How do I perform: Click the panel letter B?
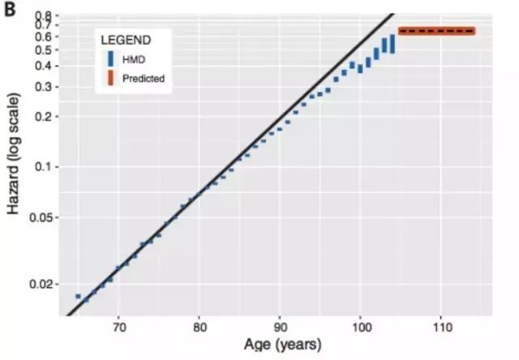[x=11, y=11]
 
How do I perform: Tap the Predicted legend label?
[x=144, y=79]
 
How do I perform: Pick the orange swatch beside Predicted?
[x=110, y=79]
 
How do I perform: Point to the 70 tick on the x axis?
[x=118, y=329]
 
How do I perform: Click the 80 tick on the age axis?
[x=199, y=329]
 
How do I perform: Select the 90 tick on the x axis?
[x=280, y=329]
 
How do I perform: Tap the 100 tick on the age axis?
[x=360, y=329]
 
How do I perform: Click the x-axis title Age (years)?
[x=280, y=346]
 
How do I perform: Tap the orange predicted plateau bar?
[x=436, y=32]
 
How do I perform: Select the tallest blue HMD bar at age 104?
[x=392, y=43]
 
